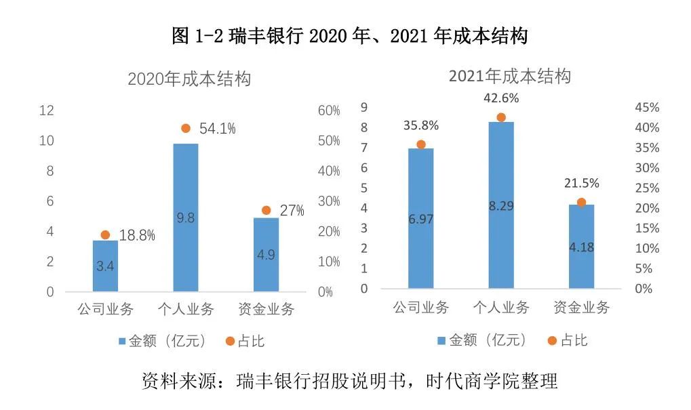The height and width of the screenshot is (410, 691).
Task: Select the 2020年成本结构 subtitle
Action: click(x=189, y=79)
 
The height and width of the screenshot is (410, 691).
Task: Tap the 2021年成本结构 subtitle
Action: click(x=509, y=76)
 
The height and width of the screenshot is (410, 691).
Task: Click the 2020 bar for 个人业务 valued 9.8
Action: click(x=186, y=217)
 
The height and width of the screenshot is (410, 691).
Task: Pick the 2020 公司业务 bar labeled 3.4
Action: click(x=105, y=266)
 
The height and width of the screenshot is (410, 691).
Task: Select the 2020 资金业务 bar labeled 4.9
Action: click(x=266, y=254)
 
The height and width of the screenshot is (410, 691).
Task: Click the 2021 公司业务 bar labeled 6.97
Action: click(x=420, y=218)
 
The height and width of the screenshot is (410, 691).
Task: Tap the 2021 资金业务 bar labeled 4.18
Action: click(x=581, y=246)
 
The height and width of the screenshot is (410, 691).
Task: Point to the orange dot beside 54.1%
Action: click(x=186, y=128)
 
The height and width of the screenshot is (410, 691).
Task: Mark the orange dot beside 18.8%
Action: click(x=105, y=234)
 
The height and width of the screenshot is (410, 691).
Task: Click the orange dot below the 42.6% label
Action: click(x=501, y=117)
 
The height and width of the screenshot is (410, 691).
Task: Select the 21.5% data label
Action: click(x=581, y=184)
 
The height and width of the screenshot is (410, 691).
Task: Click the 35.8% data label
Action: click(x=420, y=125)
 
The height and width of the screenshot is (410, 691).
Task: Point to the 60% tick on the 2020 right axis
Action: click(x=329, y=110)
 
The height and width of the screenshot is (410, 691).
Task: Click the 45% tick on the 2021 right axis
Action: click(x=647, y=108)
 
